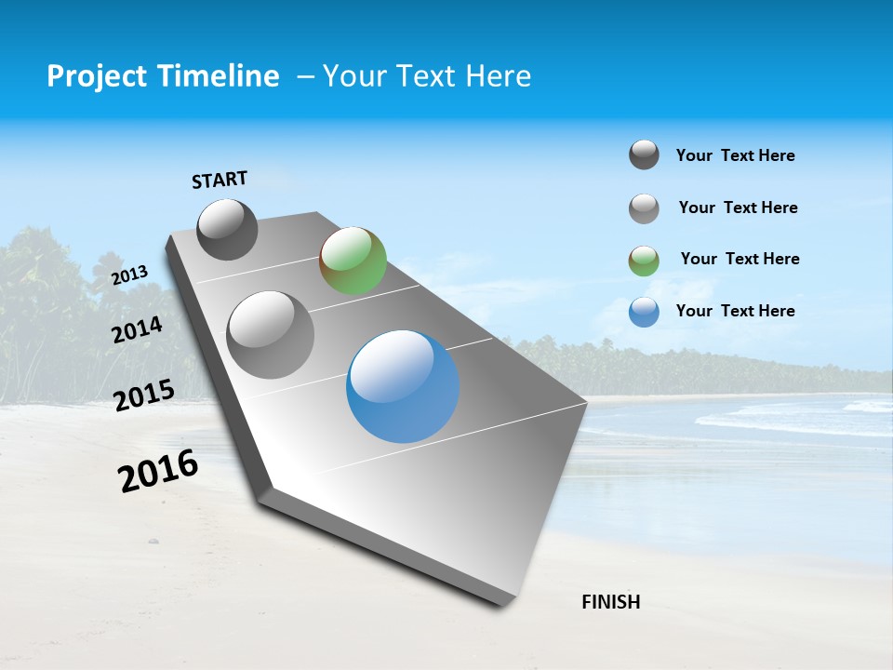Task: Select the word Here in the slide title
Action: click(498, 76)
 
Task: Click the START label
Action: click(220, 180)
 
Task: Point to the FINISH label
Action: click(611, 602)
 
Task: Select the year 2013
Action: click(130, 275)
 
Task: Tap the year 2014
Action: click(137, 329)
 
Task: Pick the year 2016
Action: click(158, 471)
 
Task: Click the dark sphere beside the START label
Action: click(227, 229)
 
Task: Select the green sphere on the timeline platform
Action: click(353, 261)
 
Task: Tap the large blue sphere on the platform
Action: click(403, 386)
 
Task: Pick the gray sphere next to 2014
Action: click(271, 334)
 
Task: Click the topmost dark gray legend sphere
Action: click(644, 155)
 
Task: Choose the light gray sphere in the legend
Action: click(644, 208)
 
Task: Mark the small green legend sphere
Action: click(644, 261)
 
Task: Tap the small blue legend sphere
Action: click(644, 312)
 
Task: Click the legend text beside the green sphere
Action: click(740, 259)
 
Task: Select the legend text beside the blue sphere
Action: click(735, 311)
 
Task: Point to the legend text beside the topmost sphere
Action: click(735, 155)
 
